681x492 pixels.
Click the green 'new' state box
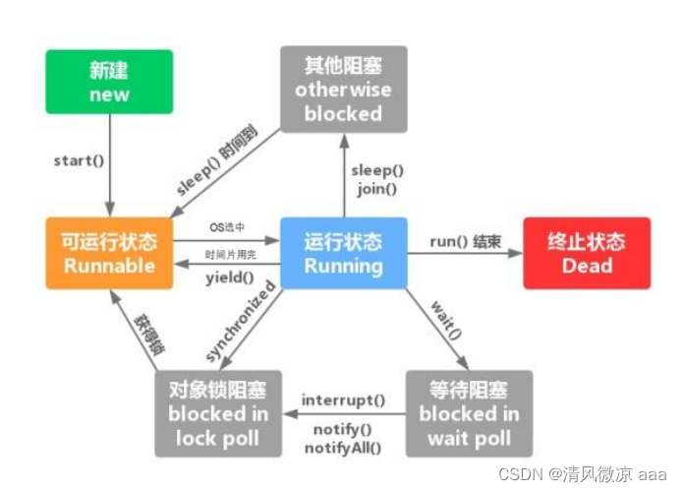109,83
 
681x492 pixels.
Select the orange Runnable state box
110,253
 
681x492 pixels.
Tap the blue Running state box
342,253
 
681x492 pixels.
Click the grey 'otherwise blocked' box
342,90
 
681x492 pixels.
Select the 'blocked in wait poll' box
469,413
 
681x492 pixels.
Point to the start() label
78,159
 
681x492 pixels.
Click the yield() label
229,277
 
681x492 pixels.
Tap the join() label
377,190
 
